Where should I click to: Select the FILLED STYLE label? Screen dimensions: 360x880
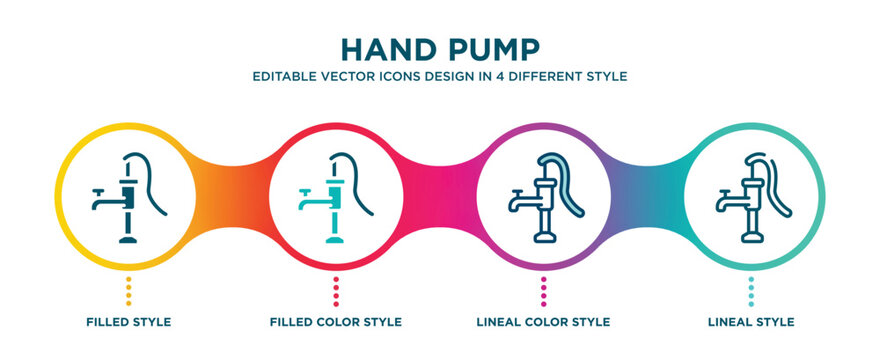pos(128,322)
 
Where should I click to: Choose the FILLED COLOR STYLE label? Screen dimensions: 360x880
pos(336,322)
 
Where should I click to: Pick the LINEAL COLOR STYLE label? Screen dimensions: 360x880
pos(543,322)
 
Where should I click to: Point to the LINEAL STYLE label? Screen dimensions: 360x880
pos(751,322)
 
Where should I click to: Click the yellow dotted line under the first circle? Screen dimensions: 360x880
pos(128,290)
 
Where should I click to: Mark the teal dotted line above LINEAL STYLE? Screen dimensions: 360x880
pos(751,290)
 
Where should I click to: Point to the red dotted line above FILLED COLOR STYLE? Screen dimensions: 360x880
pos(336,290)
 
